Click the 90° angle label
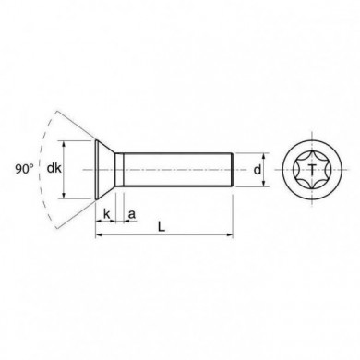(x=25, y=169)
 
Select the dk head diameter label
(x=54, y=169)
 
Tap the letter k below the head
(x=107, y=214)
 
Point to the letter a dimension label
(x=131, y=214)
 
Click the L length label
(x=162, y=225)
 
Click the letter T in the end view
(x=312, y=169)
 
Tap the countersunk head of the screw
(x=108, y=169)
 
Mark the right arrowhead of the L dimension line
(x=230, y=234)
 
